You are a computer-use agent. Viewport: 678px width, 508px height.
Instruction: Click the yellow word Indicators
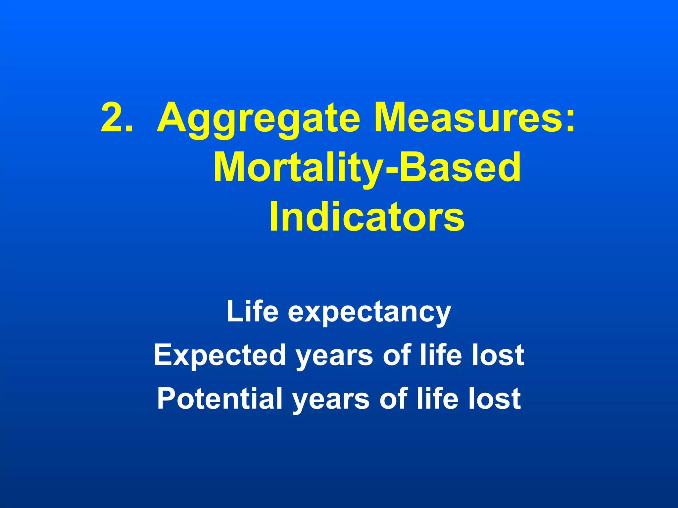(x=367, y=217)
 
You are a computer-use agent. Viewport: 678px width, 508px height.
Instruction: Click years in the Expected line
(x=334, y=357)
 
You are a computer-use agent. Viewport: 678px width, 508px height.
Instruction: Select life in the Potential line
(x=437, y=399)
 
